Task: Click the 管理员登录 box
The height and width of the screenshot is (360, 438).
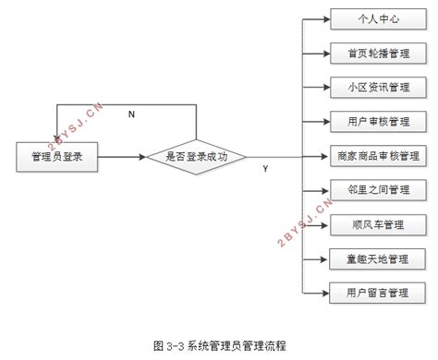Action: pos(58,157)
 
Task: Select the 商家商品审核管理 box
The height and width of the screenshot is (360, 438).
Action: pos(375,156)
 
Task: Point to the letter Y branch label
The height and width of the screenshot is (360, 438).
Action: pos(265,169)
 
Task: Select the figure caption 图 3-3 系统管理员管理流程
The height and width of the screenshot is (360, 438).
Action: pos(219,344)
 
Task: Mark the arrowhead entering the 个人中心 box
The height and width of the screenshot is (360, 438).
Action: pos(324,18)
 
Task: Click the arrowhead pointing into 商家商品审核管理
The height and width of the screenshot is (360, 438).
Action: pos(324,156)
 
